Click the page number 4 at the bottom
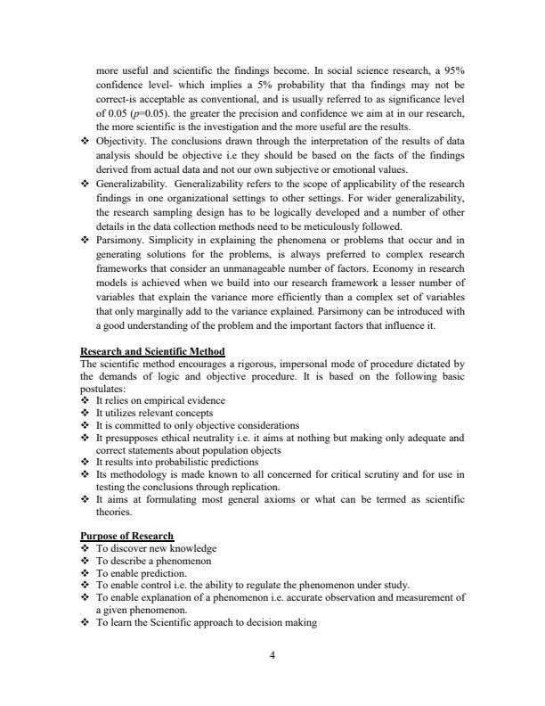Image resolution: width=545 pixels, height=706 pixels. [272, 656]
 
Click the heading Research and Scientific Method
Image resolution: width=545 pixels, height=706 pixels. [152, 351]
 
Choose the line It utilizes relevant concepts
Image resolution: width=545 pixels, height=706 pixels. [153, 414]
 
